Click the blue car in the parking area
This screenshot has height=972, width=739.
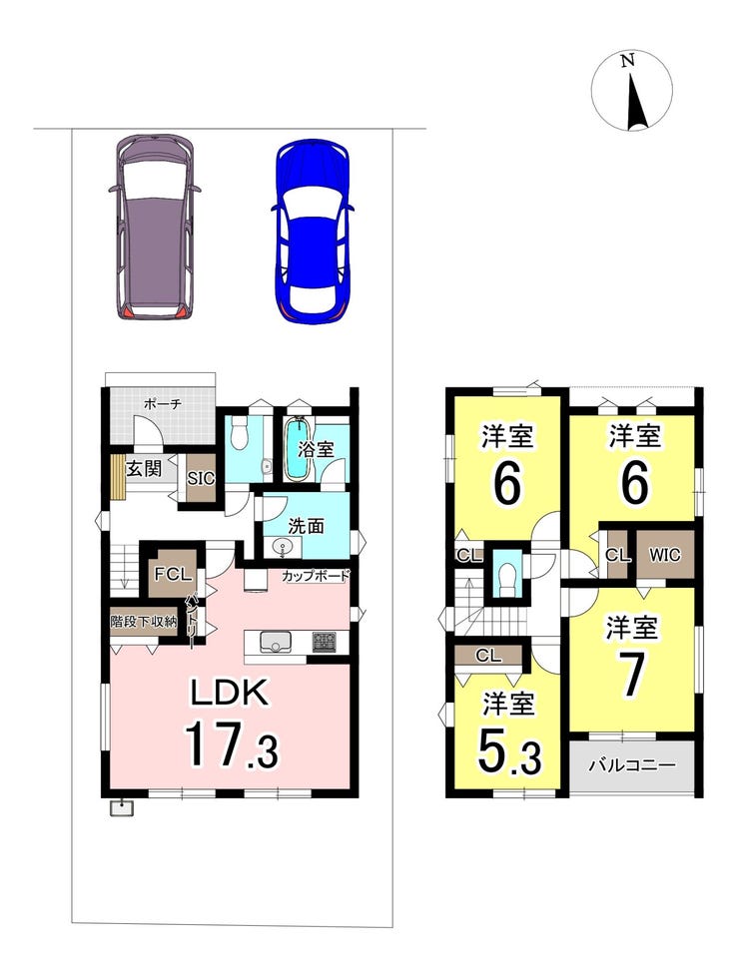pyautogui.click(x=312, y=232)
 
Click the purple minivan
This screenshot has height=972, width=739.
pyautogui.click(x=155, y=227)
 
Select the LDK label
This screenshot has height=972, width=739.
pyautogui.click(x=230, y=693)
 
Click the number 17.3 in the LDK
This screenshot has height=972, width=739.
pyautogui.click(x=231, y=743)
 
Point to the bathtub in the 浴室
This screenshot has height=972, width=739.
pyautogui.click(x=299, y=448)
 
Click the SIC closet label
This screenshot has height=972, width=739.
pyautogui.click(x=201, y=478)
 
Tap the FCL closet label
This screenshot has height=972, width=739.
pyautogui.click(x=173, y=574)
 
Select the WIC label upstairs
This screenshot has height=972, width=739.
pyautogui.click(x=664, y=554)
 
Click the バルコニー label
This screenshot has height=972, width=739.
pyautogui.click(x=632, y=765)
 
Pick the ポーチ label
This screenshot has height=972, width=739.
pyautogui.click(x=163, y=404)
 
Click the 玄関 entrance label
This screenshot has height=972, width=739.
pyautogui.click(x=144, y=468)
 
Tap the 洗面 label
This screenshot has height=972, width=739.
pyautogui.click(x=306, y=526)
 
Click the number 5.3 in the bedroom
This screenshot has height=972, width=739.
pyautogui.click(x=510, y=750)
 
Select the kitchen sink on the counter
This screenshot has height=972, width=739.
pyautogui.click(x=273, y=643)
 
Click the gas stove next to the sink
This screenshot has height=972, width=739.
pyautogui.click(x=324, y=642)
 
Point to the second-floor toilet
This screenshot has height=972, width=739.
pyautogui.click(x=507, y=578)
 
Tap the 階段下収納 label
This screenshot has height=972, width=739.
pyautogui.click(x=144, y=621)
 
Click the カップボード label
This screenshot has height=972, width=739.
pyautogui.click(x=316, y=576)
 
